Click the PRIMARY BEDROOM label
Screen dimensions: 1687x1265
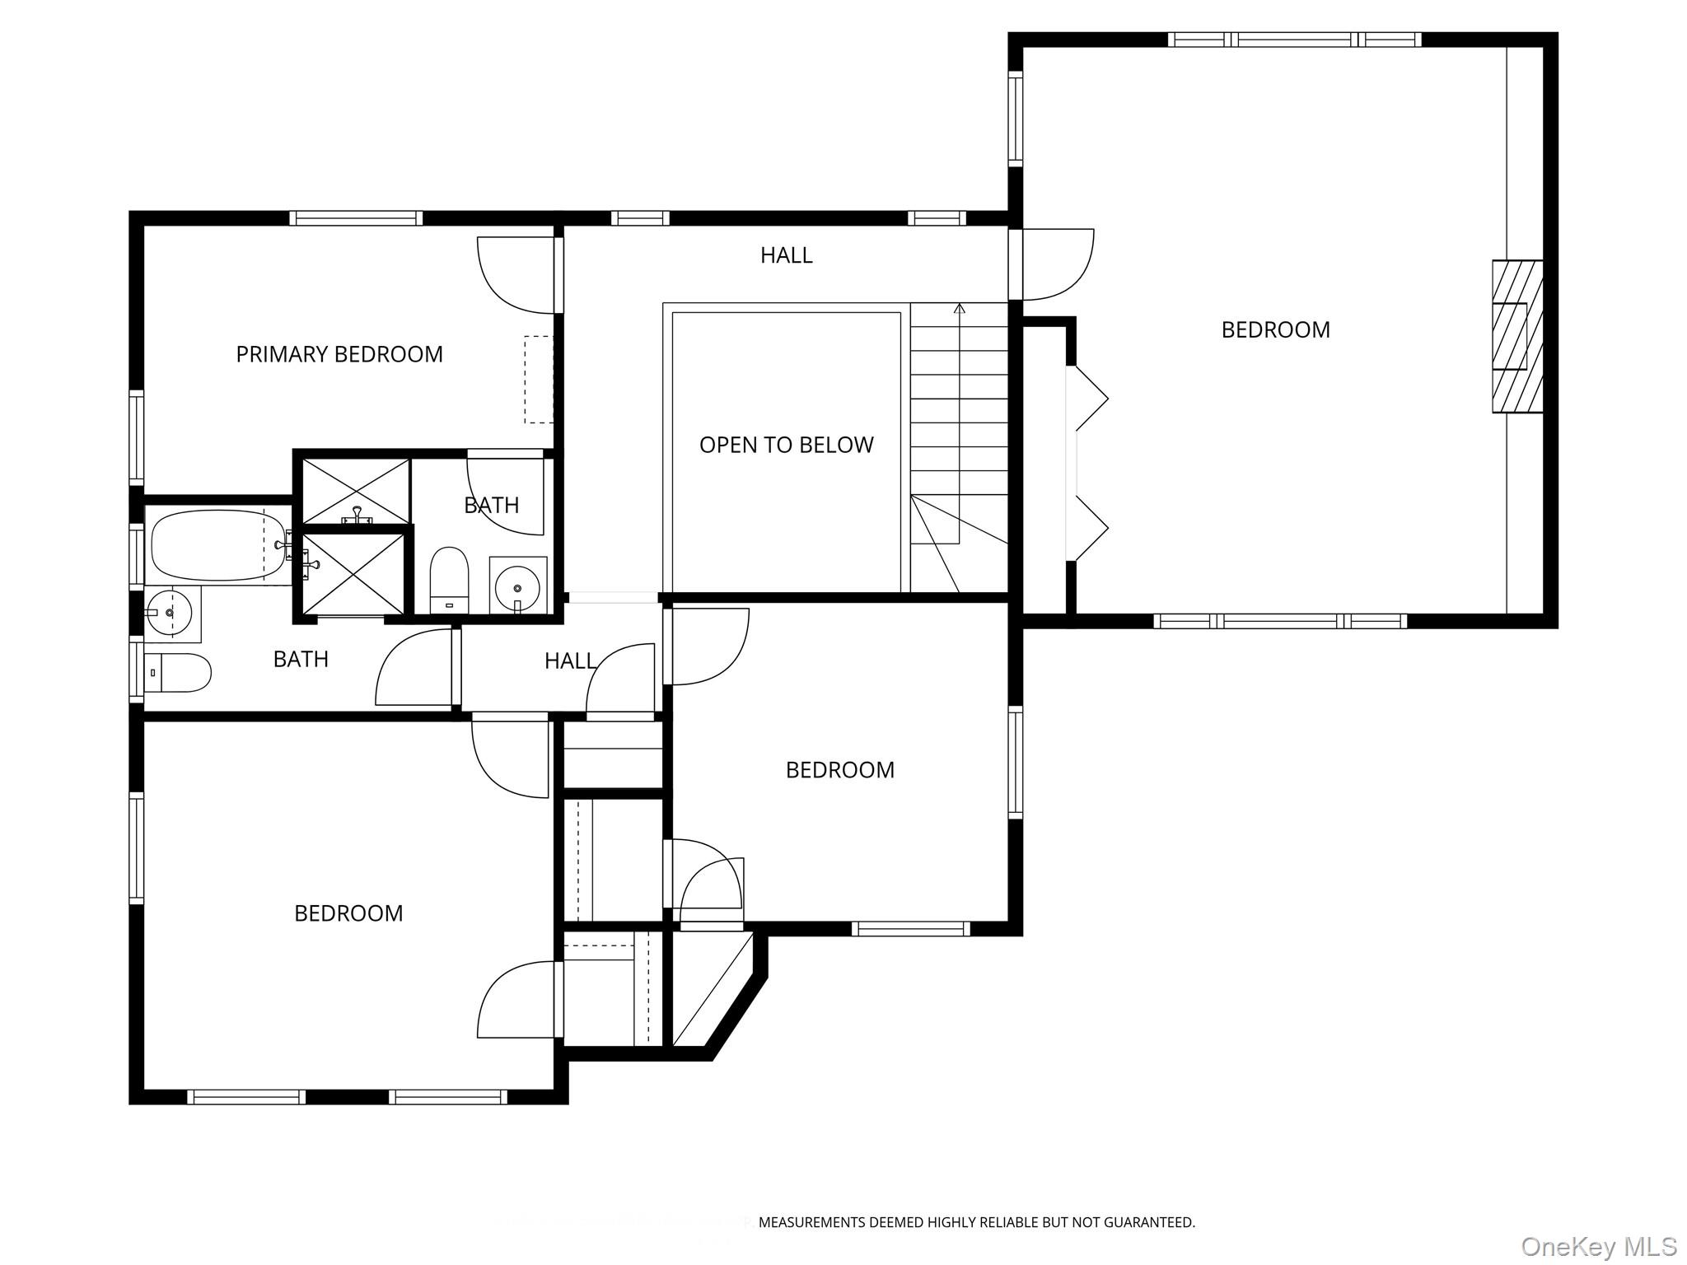click(x=339, y=354)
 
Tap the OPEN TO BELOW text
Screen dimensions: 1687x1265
click(x=786, y=445)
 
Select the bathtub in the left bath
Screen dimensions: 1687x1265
click(x=218, y=545)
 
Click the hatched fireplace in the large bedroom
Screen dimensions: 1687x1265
click(x=1517, y=336)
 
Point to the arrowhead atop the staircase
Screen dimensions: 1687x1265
click(x=959, y=308)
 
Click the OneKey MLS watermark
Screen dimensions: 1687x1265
click(x=1598, y=1246)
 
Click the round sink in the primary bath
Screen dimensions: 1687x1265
click(x=517, y=587)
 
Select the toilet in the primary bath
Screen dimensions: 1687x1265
click(x=449, y=579)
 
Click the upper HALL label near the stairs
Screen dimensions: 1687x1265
click(x=786, y=255)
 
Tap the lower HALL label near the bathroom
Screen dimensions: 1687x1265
click(x=570, y=661)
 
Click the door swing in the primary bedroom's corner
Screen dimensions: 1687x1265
click(x=516, y=276)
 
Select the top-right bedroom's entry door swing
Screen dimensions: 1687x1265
click(x=1058, y=265)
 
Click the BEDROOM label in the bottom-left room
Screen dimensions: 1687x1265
click(x=348, y=913)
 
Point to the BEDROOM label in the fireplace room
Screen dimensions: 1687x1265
click(x=1275, y=330)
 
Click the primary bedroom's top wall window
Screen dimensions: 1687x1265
click(x=356, y=218)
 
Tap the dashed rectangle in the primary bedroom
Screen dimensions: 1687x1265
click(x=539, y=379)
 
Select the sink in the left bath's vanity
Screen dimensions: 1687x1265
click(x=170, y=613)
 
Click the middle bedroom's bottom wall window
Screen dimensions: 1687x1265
click(x=910, y=929)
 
